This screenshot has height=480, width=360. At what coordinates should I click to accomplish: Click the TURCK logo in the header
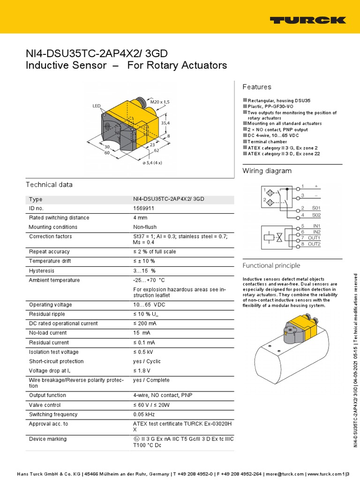(x=307, y=20)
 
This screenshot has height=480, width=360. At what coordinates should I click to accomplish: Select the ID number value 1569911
(x=144, y=208)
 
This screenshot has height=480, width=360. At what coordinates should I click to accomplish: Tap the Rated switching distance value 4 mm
(x=140, y=217)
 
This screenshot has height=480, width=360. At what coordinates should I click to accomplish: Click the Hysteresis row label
(x=42, y=270)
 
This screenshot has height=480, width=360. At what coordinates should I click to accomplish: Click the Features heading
(x=256, y=87)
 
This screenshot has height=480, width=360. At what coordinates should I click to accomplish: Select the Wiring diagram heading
(x=267, y=171)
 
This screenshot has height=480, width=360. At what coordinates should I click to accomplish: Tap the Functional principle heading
(x=271, y=265)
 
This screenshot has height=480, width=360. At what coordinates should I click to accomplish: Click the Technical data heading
(x=49, y=185)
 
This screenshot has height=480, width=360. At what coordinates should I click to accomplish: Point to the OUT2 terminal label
(x=314, y=244)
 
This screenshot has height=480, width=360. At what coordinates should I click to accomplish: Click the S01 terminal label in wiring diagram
(x=316, y=208)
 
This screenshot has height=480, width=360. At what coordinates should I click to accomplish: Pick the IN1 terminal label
(x=317, y=226)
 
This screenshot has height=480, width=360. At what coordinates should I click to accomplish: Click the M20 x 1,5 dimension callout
(x=160, y=101)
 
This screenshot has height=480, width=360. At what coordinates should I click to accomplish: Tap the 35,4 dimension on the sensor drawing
(x=165, y=123)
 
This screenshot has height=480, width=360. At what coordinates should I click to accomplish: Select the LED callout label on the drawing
(x=97, y=106)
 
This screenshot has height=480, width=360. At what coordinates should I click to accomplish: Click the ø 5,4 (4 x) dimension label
(x=153, y=163)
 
